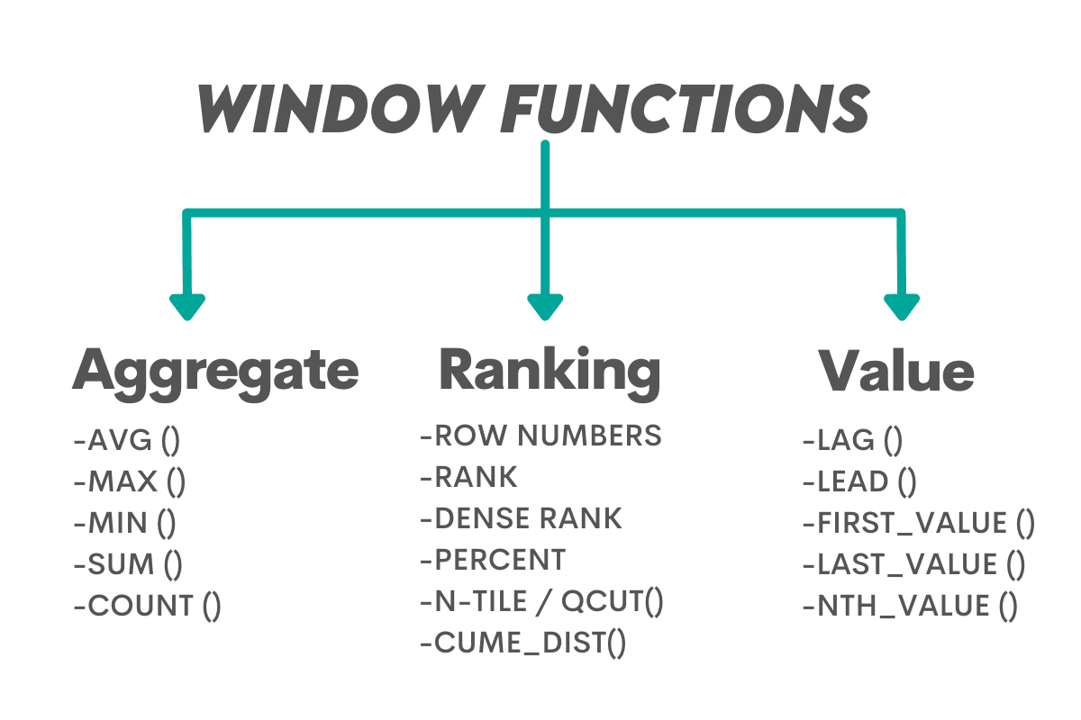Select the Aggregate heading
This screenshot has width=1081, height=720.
[x=215, y=370]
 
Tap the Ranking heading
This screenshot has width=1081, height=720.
[x=550, y=370]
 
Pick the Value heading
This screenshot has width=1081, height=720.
[x=896, y=370]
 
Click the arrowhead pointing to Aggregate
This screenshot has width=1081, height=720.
[x=186, y=306]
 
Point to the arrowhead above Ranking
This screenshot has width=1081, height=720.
[x=545, y=306]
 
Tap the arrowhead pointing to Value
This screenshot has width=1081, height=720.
[x=902, y=306]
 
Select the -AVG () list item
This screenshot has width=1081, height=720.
[x=127, y=442]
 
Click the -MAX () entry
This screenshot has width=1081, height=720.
[x=130, y=482]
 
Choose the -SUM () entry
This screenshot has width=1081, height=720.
[x=128, y=565]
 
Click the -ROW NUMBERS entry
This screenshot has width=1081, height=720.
[x=540, y=436]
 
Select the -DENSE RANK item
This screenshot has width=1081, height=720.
[x=521, y=518]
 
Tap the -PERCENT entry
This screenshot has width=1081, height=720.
[x=493, y=560]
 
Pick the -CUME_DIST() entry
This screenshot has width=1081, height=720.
[x=522, y=643]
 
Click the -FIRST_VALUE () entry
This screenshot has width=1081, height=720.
[x=918, y=523]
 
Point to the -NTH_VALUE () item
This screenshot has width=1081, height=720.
[x=910, y=606]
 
